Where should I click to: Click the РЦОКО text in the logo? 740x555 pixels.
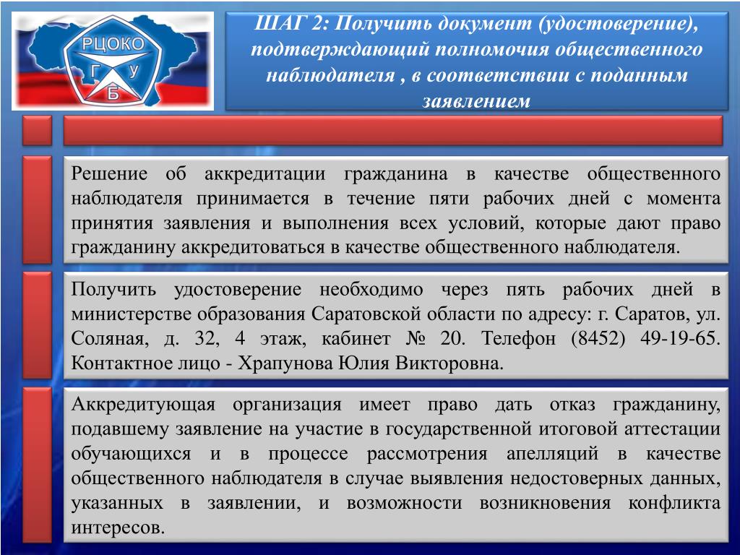(x=113, y=44)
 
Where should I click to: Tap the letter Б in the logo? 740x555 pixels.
(x=113, y=93)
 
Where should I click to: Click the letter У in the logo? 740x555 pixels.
(x=134, y=71)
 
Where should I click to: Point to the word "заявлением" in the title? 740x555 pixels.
(x=476, y=100)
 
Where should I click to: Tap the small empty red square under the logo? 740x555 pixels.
(x=38, y=130)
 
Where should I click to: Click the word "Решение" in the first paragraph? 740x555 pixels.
(x=109, y=173)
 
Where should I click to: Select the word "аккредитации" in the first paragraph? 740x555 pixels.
(x=264, y=175)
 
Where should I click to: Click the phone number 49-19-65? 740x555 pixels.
(x=680, y=338)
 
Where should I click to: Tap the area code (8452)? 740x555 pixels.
(x=598, y=339)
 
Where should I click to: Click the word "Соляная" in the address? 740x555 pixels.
(x=110, y=340)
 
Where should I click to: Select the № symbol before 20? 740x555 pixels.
(x=416, y=339)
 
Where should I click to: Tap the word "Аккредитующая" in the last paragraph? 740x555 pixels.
(x=144, y=405)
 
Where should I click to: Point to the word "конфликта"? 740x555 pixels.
(x=674, y=503)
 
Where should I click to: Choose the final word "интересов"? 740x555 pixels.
(x=118, y=528)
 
